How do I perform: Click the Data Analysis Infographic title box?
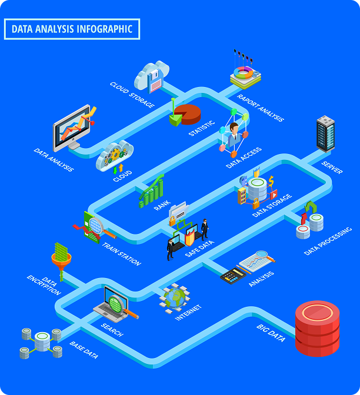72,29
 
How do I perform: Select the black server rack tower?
325,133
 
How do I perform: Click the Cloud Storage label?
132,95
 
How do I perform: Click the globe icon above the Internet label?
175,297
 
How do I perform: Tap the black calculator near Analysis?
232,275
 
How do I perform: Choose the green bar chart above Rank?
151,191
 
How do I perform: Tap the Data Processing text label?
328,240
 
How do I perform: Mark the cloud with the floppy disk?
152,76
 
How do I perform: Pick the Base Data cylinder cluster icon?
41,343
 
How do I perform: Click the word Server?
332,167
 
